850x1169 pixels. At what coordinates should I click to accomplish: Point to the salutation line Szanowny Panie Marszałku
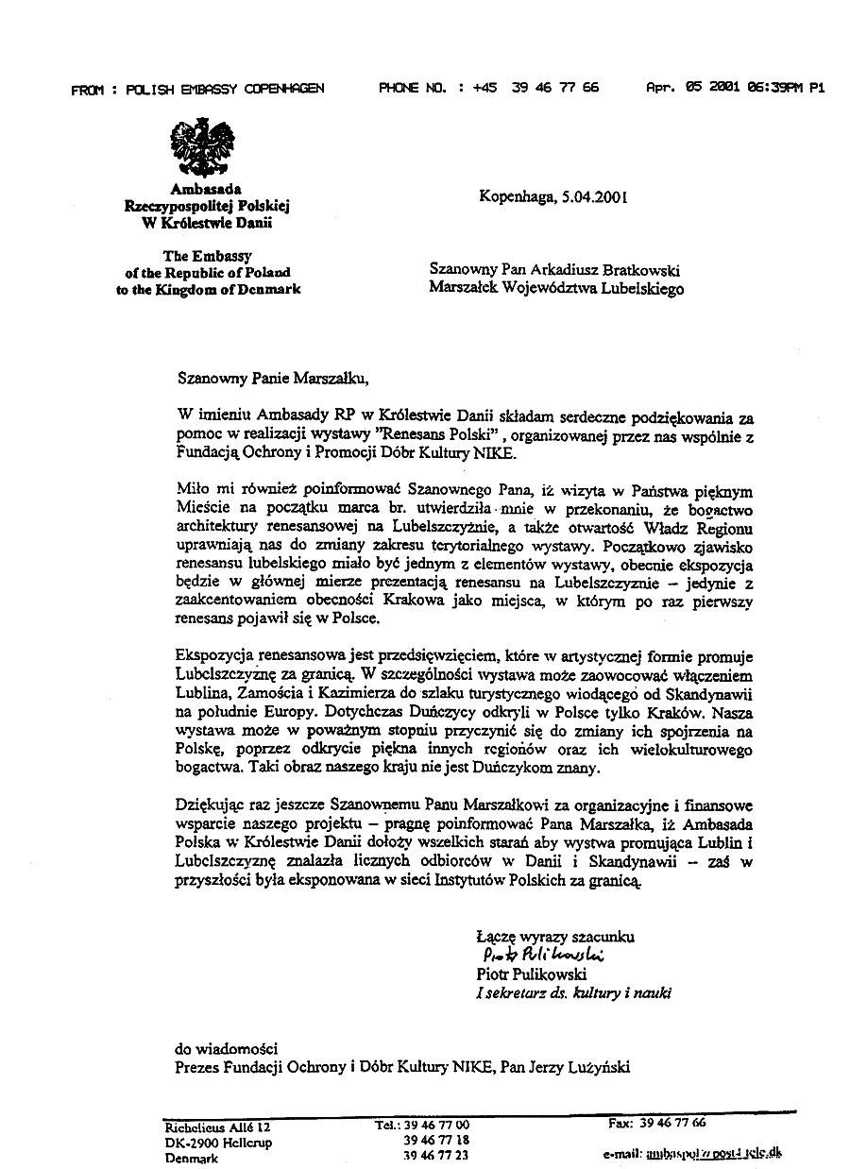click(268, 379)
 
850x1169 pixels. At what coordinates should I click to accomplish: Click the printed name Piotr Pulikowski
click(531, 974)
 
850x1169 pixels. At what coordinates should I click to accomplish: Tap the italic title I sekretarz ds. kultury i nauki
click(574, 992)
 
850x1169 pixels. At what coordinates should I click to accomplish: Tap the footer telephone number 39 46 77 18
click(435, 1140)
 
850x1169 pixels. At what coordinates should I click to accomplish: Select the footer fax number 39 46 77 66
click(671, 1123)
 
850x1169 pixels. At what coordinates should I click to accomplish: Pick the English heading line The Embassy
click(208, 255)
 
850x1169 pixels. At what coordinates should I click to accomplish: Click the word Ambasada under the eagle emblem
click(206, 189)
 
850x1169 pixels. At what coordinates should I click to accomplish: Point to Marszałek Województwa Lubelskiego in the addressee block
click(556, 289)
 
